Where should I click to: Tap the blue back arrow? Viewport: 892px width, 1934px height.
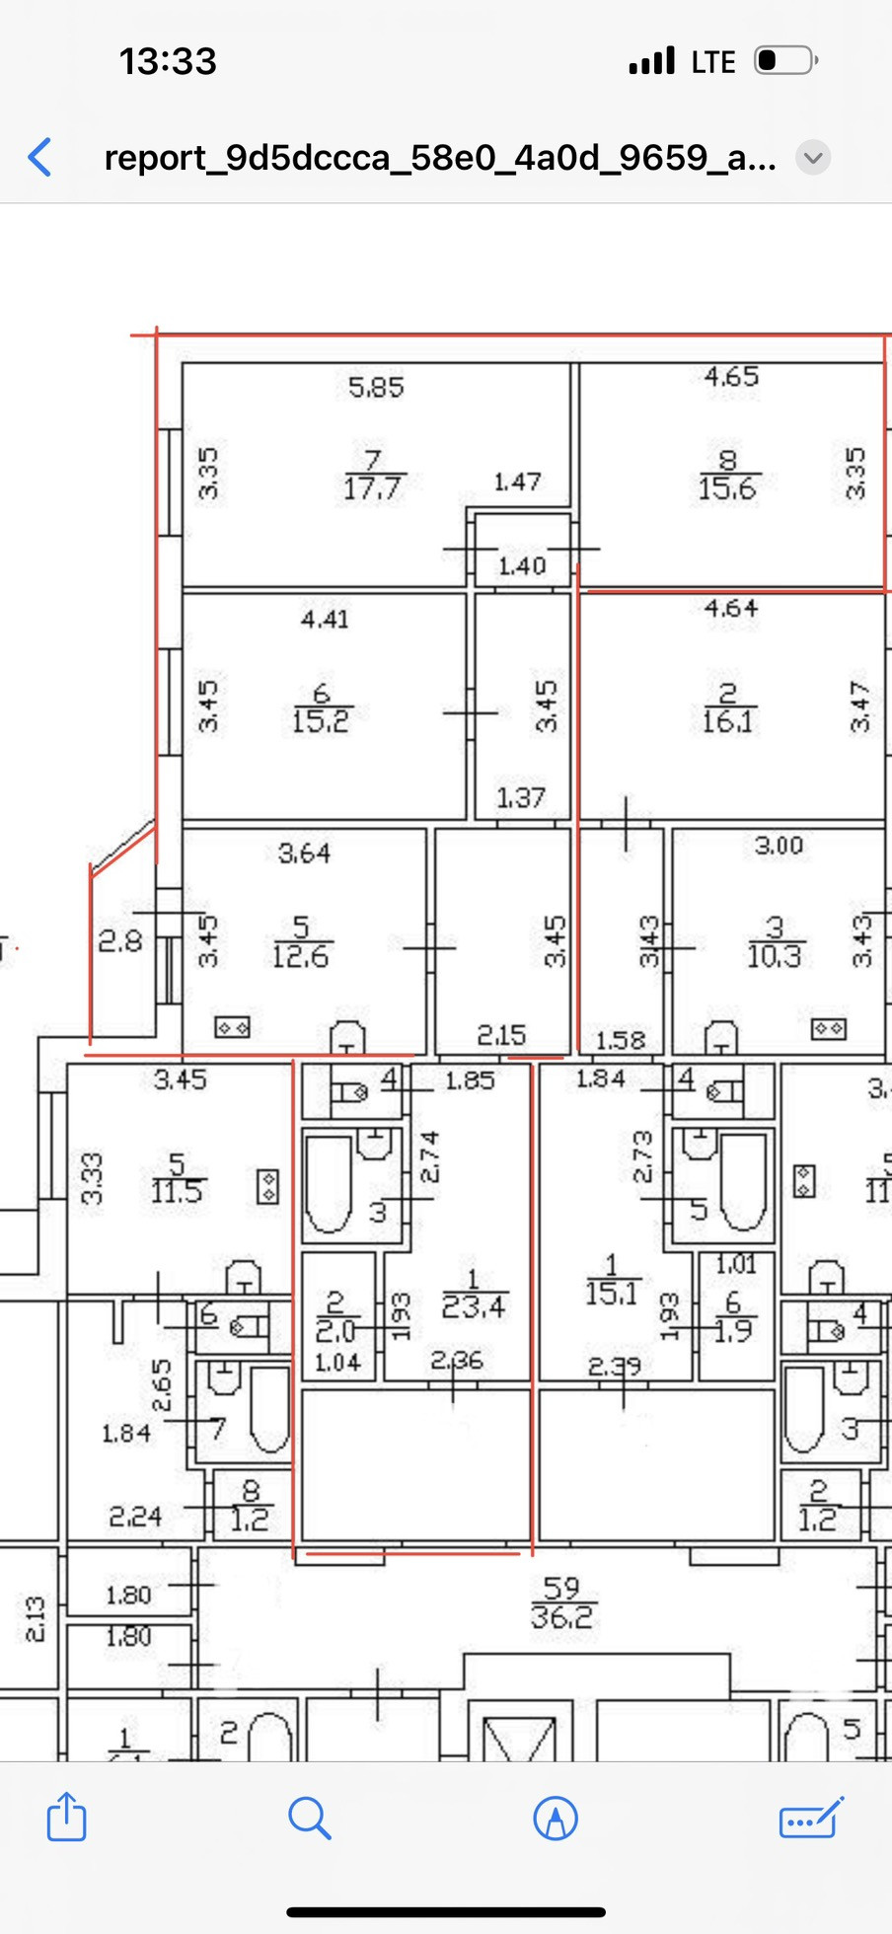click(x=40, y=157)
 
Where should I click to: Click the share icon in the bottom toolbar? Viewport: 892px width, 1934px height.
click(x=67, y=1817)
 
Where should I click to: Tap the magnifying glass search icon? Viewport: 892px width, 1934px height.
click(x=309, y=1818)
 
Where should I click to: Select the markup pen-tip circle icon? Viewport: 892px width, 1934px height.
click(x=556, y=1818)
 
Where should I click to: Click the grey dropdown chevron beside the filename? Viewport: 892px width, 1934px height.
click(x=813, y=158)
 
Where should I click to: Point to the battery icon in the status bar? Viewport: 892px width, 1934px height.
click(x=785, y=61)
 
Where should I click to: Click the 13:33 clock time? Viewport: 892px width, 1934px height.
click(x=168, y=61)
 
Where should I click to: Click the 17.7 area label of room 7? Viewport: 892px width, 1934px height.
click(x=371, y=488)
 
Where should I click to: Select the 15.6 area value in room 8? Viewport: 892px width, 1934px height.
click(x=727, y=488)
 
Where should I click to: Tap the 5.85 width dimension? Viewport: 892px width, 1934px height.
click(x=376, y=387)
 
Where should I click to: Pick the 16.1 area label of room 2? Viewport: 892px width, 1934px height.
click(x=727, y=721)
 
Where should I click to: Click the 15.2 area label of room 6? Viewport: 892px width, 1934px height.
click(x=321, y=721)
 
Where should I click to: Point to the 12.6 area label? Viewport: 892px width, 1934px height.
click(x=300, y=956)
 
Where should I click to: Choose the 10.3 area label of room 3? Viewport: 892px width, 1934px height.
click(x=774, y=956)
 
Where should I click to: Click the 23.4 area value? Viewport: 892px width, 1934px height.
click(x=474, y=1307)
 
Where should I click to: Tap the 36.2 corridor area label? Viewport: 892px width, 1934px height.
click(x=561, y=1617)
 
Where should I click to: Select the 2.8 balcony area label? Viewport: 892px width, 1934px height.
click(x=119, y=941)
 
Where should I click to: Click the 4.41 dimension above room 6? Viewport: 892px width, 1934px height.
click(x=325, y=620)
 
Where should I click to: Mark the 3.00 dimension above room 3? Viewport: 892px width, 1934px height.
click(x=779, y=846)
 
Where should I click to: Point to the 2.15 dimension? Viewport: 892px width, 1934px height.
click(x=501, y=1035)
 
